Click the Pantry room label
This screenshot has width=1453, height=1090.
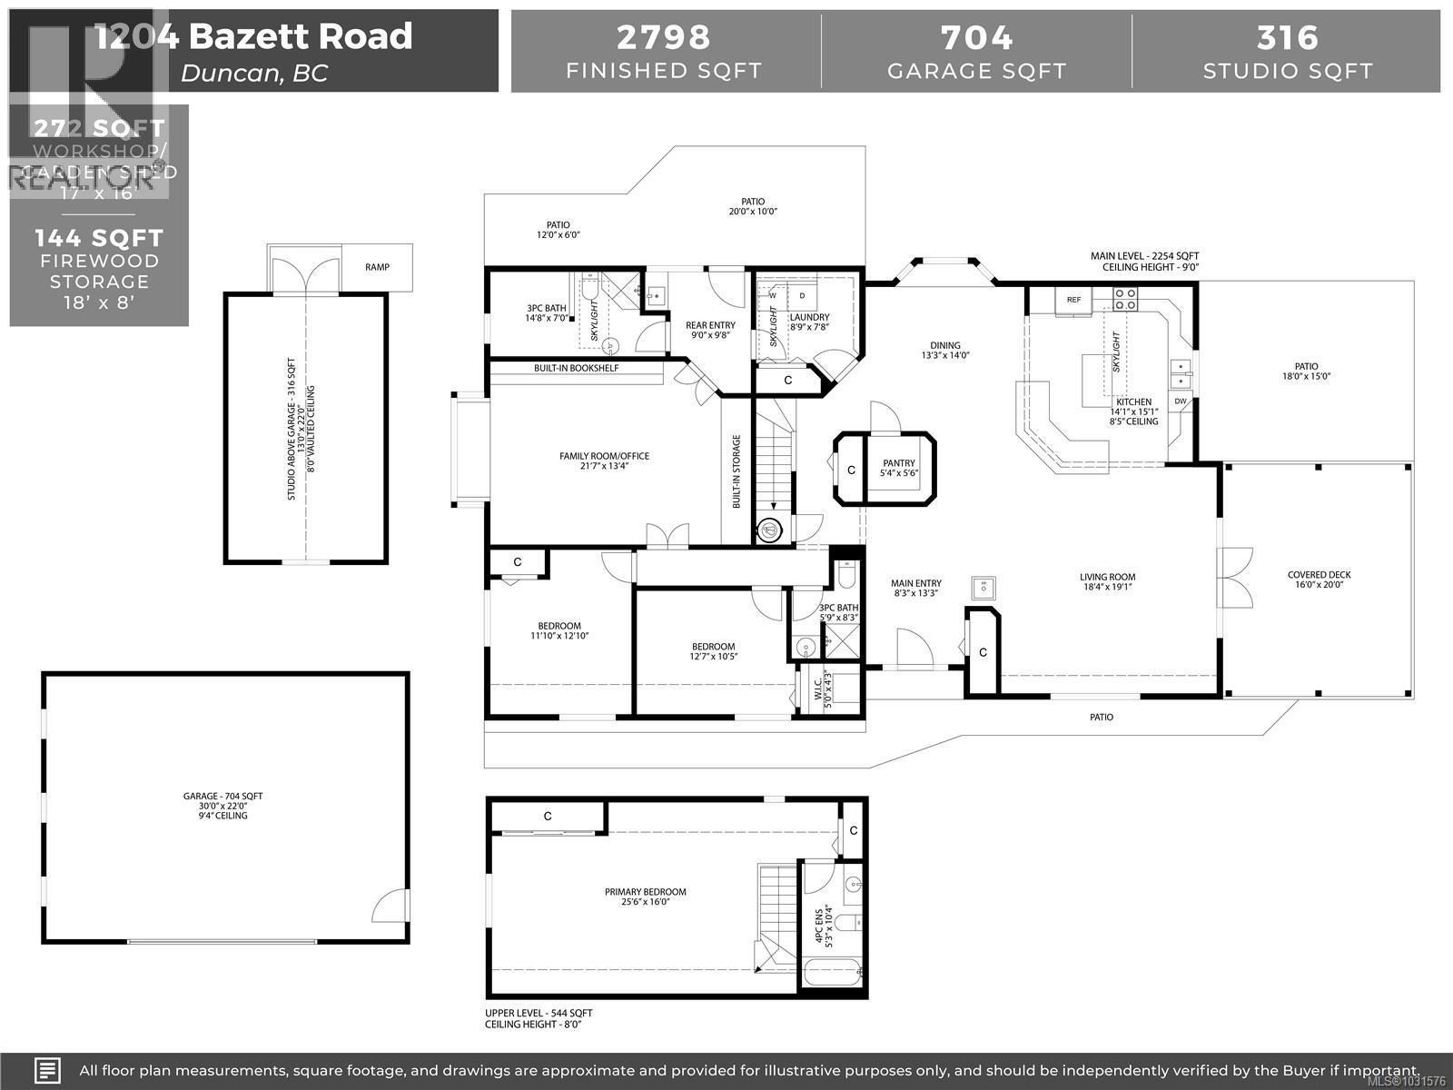click(898, 462)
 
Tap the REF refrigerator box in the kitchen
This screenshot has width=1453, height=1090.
click(1073, 300)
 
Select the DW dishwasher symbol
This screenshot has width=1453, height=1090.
click(1180, 401)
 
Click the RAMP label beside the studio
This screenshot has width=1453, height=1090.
click(377, 267)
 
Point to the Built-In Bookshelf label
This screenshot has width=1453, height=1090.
click(576, 368)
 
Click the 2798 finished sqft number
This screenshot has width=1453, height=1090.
click(664, 37)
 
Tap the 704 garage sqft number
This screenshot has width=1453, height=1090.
click(976, 37)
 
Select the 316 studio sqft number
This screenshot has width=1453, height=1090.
click(1287, 37)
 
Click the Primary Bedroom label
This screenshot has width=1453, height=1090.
click(646, 892)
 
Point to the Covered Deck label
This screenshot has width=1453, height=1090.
click(1319, 575)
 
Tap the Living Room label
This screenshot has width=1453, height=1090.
click(1107, 577)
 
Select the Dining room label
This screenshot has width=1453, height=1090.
click(944, 345)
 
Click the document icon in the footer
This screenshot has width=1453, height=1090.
click(48, 1070)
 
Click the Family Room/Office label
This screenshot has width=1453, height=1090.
click(604, 456)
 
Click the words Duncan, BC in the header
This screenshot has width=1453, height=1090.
click(254, 73)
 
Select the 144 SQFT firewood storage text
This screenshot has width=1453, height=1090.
click(99, 238)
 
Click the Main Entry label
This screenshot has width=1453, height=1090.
click(915, 583)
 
